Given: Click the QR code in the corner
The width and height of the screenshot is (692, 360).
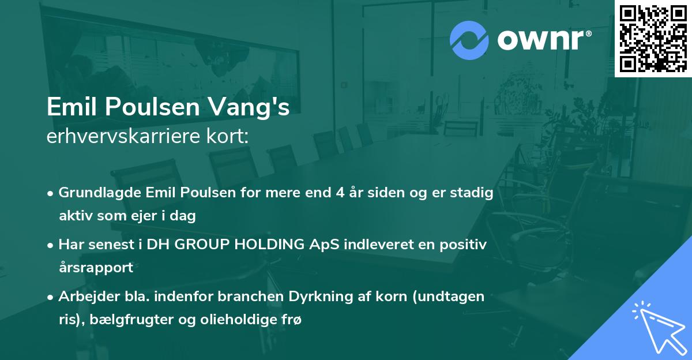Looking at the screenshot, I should point(653,38).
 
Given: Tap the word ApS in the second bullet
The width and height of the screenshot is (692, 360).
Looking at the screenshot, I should point(326,245).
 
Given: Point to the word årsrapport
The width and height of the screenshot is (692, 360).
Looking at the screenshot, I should point(96,268).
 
